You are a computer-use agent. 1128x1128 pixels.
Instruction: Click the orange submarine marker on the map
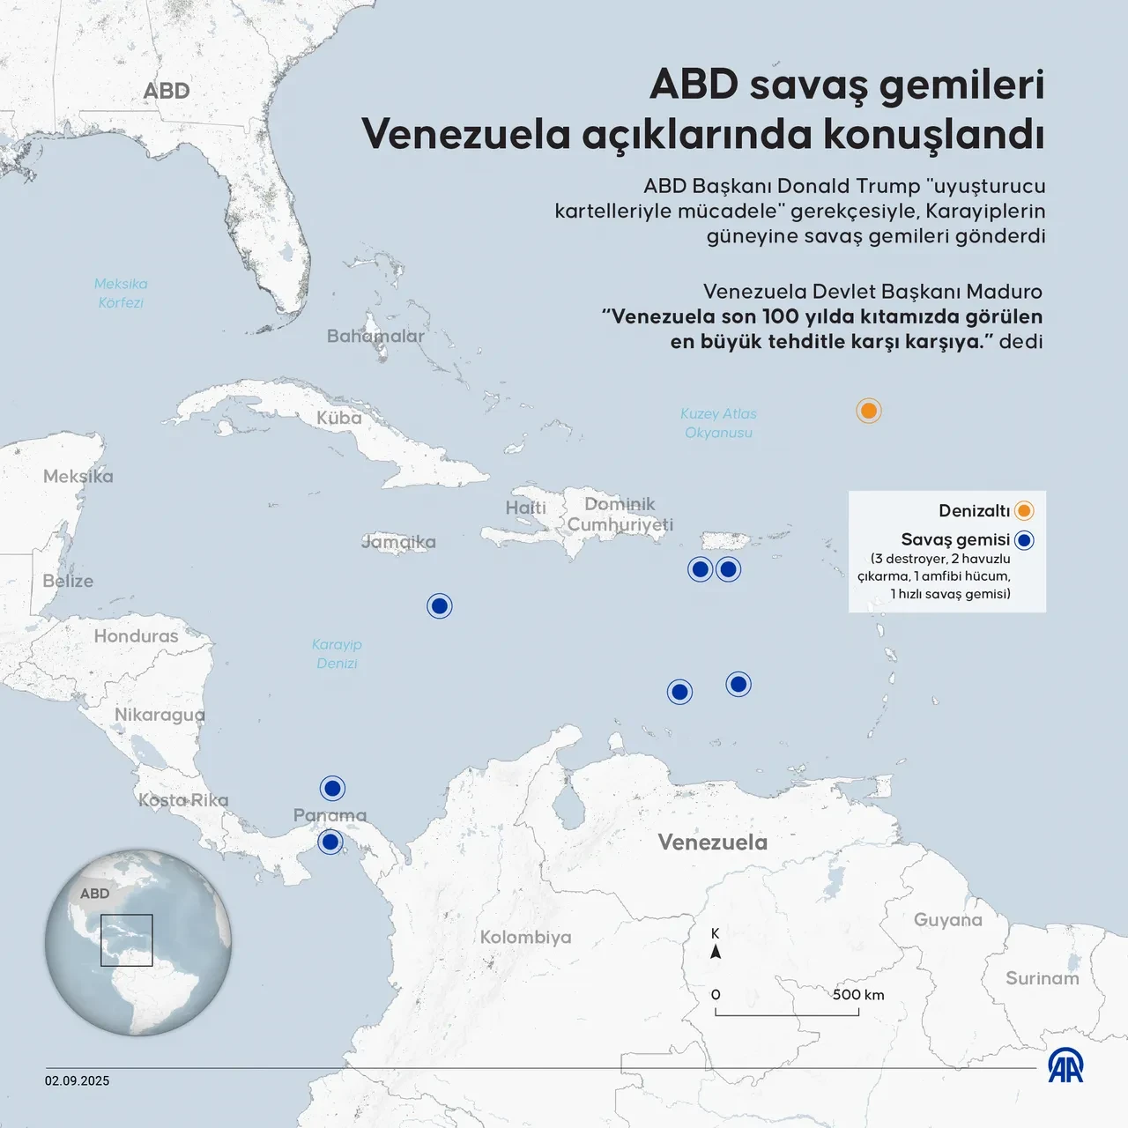tap(869, 411)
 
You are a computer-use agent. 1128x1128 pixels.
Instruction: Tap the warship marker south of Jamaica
tap(440, 606)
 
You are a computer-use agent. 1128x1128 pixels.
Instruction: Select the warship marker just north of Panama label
tap(332, 788)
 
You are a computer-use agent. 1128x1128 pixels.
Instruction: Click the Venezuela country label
tap(712, 842)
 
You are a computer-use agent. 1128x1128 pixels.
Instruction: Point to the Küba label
tap(339, 418)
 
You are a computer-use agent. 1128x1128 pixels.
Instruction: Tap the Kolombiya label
tap(525, 938)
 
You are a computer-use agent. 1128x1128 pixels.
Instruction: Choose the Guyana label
tap(947, 920)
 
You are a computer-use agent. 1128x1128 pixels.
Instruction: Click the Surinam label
tap(1042, 978)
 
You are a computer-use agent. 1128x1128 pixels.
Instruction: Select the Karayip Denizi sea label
tap(337, 654)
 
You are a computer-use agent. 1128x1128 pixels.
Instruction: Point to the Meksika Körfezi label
tap(121, 293)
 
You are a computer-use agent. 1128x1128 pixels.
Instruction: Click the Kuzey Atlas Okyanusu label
tap(718, 423)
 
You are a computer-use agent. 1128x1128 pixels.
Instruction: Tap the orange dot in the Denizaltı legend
tap(1024, 511)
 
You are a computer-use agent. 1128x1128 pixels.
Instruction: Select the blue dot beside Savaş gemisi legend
tap(1024, 540)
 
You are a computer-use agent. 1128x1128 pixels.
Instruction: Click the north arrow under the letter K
tap(716, 953)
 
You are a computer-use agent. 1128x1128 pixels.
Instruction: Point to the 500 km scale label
tap(857, 995)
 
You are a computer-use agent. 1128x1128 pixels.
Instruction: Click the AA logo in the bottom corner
tap(1065, 1066)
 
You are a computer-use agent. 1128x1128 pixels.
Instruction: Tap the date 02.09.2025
tap(78, 1081)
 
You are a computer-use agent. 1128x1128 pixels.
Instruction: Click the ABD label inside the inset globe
tap(94, 894)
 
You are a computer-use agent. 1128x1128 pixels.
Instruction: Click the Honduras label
tap(136, 636)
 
